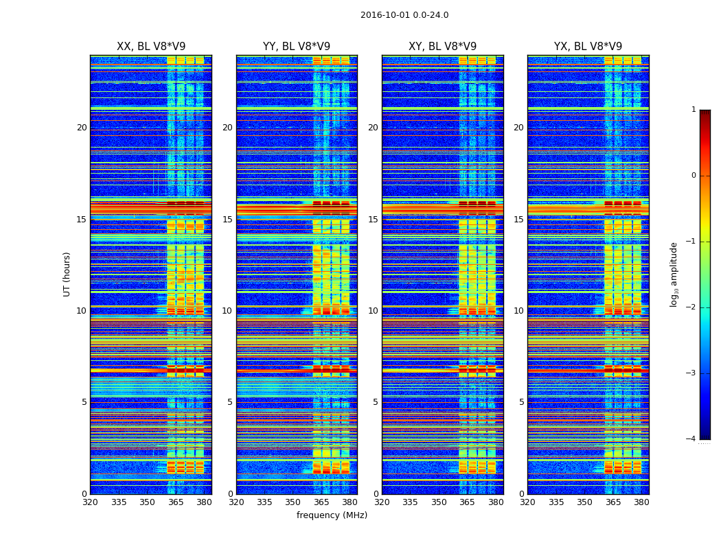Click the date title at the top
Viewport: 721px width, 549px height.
pyautogui.click(x=404, y=15)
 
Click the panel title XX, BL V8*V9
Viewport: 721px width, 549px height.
pyautogui.click(x=151, y=47)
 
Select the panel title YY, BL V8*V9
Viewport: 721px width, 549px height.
pyautogui.click(x=297, y=47)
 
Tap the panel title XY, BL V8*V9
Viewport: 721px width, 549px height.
pyautogui.click(x=442, y=47)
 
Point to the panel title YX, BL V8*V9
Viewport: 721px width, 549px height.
pyautogui.click(x=588, y=47)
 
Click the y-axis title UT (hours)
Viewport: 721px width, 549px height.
pyautogui.click(x=67, y=274)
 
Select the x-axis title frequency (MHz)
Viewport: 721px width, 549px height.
pyautogui.click(x=332, y=515)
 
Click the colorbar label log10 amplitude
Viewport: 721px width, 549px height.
pyautogui.click(x=674, y=274)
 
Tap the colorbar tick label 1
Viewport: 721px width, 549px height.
pyautogui.click(x=693, y=110)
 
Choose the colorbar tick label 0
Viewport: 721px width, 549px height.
pyautogui.click(x=693, y=176)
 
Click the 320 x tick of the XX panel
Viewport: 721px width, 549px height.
pyautogui.click(x=90, y=502)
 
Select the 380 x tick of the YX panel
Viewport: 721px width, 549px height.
pyautogui.click(x=641, y=502)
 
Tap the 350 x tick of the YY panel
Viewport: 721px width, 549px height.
pyautogui.click(x=293, y=502)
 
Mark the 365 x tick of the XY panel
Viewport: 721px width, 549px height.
pyautogui.click(x=467, y=502)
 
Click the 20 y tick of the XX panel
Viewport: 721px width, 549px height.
pyautogui.click(x=82, y=128)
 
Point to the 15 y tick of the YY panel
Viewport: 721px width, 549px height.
pyautogui.click(x=227, y=220)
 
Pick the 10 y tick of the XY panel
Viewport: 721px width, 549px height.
pyautogui.click(x=373, y=311)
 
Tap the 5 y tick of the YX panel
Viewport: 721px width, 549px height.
pyautogui.click(x=521, y=402)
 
